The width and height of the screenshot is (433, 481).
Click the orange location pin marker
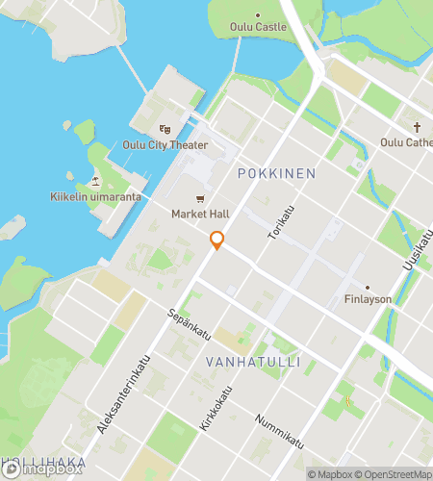[217, 240]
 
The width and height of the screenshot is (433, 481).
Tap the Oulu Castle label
[259, 27]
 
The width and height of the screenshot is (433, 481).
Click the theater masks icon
[165, 129]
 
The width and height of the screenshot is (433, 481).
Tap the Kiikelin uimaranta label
[96, 197]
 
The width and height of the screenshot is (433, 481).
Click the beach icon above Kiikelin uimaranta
[95, 181]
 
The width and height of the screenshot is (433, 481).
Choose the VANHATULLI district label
[253, 362]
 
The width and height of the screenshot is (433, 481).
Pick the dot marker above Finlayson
[367, 286]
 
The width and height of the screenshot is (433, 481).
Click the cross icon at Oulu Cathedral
[417, 127]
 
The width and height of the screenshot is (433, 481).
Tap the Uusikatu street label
[415, 253]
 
